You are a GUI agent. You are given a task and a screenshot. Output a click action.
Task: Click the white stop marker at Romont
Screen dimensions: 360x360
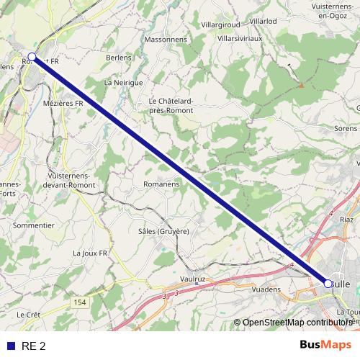click(x=32, y=56)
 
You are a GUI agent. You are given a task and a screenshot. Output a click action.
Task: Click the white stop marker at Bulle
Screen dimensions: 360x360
click(x=328, y=284)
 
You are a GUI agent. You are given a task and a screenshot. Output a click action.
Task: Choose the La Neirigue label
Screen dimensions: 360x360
click(x=124, y=83)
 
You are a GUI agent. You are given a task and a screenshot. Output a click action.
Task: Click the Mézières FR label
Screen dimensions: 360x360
click(x=63, y=104)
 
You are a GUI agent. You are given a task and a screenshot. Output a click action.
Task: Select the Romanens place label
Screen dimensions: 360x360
click(x=160, y=184)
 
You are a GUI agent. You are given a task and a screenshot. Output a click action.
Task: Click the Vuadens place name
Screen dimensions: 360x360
click(x=266, y=288)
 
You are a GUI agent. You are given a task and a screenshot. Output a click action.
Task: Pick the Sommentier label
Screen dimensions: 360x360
click(x=34, y=225)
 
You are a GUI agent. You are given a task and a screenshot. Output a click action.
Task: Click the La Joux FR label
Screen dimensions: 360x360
click(x=90, y=253)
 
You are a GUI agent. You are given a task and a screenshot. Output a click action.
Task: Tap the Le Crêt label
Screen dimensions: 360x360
click(x=28, y=315)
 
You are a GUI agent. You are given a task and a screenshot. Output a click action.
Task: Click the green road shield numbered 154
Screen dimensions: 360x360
click(x=80, y=302)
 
